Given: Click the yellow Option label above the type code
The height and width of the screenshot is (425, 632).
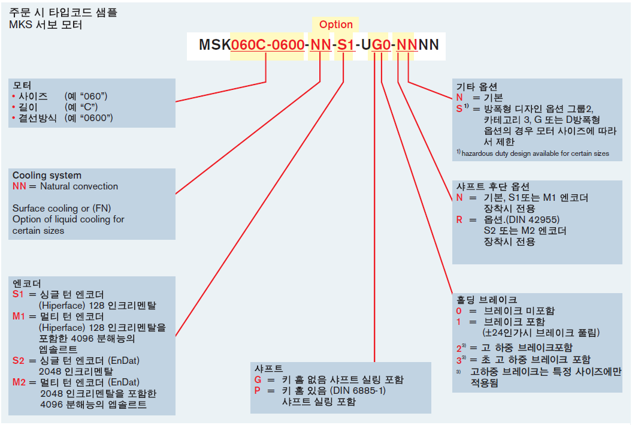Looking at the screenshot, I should click(x=335, y=25).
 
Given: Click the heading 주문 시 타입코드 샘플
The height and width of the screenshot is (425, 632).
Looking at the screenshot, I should click(x=63, y=12).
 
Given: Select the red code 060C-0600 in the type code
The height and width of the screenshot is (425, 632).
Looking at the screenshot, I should click(x=267, y=44).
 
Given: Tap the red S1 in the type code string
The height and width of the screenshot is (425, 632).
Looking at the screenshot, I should click(x=345, y=44).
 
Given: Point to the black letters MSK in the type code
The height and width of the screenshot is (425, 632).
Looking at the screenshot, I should click(x=214, y=44).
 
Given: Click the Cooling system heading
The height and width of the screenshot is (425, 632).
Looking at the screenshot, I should click(x=47, y=176).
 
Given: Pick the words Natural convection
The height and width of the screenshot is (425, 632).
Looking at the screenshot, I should click(x=79, y=186).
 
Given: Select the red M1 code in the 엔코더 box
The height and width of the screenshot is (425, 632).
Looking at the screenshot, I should click(x=19, y=316).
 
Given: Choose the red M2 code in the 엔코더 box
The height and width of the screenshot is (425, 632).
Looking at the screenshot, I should click(x=19, y=382).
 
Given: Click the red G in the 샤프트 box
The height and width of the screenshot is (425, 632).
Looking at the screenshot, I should click(x=259, y=380).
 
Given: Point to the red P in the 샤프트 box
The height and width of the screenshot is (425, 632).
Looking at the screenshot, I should click(x=258, y=391).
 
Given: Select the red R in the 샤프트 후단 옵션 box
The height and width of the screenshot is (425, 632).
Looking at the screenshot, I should click(x=459, y=219).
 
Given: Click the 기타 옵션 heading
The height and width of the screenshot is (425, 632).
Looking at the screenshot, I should click(x=477, y=86).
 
